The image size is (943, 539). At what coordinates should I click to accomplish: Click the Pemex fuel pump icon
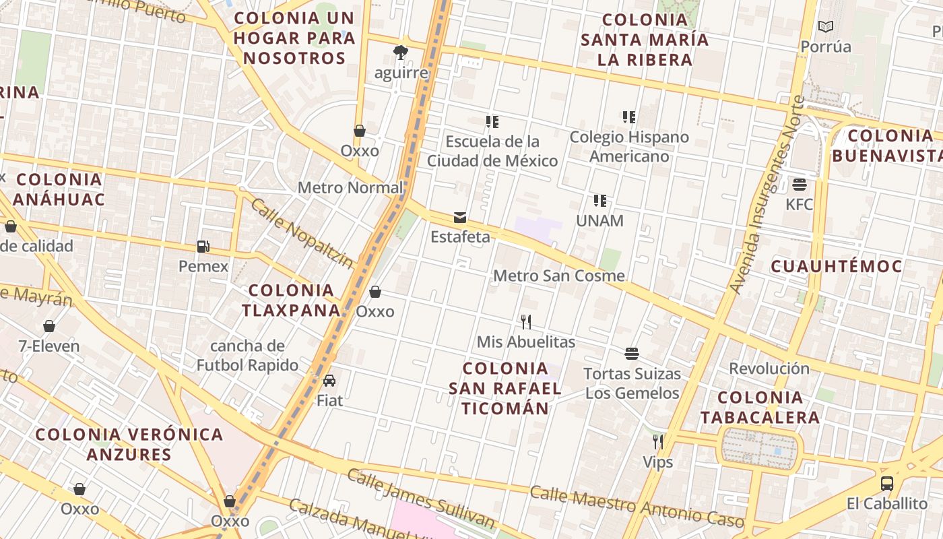203,247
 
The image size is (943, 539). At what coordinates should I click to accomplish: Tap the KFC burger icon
800,185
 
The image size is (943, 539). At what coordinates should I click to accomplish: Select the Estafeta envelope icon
460,217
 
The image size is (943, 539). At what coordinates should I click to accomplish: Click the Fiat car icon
329,381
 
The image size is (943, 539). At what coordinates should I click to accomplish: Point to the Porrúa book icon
826,27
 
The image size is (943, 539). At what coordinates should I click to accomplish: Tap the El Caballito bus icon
887,483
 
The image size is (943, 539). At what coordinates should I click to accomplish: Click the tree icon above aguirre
401,53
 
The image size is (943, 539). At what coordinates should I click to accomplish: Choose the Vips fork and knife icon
658,442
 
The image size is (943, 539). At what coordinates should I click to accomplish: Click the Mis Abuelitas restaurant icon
526,322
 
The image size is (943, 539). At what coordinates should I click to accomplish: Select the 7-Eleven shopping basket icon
49,327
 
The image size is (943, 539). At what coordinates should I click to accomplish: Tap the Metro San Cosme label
559,276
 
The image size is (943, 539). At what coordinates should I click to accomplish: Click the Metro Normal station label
350,187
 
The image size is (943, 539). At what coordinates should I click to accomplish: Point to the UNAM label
599,220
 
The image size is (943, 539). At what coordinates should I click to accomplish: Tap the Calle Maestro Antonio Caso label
637,505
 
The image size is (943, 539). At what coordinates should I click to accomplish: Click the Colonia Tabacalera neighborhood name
760,407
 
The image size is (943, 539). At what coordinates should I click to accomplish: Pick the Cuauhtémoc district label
836,266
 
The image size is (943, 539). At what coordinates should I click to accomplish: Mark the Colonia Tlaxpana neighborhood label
292,300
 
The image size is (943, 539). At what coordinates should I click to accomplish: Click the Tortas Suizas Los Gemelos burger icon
632,354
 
